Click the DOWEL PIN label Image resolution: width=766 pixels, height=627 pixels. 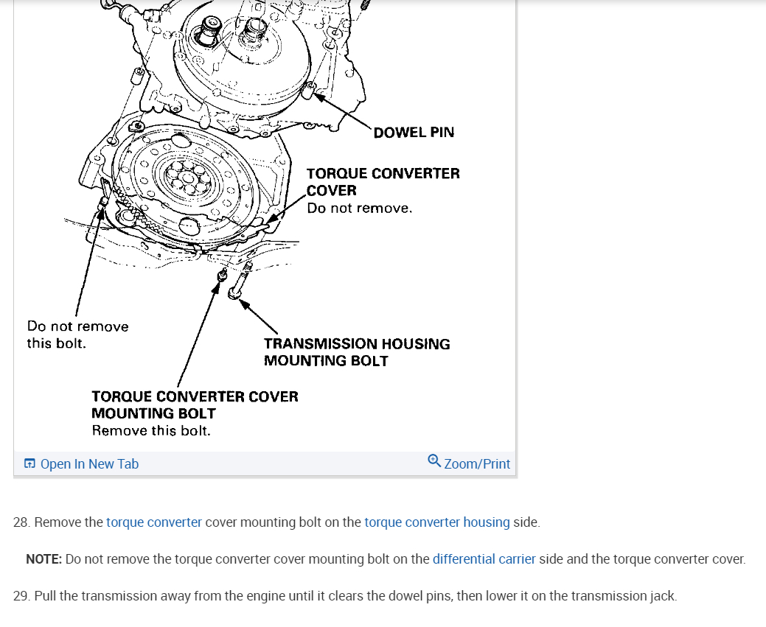coord(414,133)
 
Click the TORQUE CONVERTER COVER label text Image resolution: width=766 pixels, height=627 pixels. coord(383,181)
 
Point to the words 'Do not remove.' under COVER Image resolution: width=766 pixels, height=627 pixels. coord(359,209)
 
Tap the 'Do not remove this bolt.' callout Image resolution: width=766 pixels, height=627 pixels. coord(77,334)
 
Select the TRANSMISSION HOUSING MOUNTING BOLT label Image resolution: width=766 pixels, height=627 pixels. coord(356,352)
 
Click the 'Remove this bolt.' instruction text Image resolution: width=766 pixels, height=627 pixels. coord(151,431)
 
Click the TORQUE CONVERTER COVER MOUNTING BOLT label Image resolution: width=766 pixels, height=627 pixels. coord(195,404)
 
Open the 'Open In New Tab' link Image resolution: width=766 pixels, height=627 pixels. coord(89,464)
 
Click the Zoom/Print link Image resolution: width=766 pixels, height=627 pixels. coord(477,464)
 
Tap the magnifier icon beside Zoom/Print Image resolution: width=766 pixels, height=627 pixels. coord(434,461)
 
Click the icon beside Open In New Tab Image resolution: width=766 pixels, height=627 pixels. coord(29,464)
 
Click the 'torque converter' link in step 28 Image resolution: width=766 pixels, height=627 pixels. coord(153,522)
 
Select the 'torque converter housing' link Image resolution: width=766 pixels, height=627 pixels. coord(436,522)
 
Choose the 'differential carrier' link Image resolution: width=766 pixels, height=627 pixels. coord(484,559)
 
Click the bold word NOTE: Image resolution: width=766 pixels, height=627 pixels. coord(43,559)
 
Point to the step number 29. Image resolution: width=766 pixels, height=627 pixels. coord(21,596)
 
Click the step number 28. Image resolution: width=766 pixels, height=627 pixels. coord(21,522)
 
